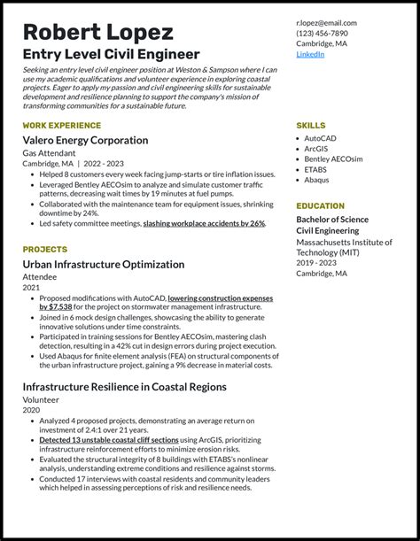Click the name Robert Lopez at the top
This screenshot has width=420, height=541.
pos(97,32)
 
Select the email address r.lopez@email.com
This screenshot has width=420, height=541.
pos(326,23)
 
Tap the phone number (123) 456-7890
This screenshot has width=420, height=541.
pos(323,34)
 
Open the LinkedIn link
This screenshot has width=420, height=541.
pos(310,54)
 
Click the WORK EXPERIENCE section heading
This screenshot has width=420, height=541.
pos(62,126)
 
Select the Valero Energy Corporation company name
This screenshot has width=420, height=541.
pos(85,141)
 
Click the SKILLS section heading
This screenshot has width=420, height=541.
pos(311,126)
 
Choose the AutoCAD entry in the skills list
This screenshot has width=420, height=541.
pos(321,138)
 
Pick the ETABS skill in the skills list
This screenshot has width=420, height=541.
pos(316,169)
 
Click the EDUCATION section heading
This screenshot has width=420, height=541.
pos(320,205)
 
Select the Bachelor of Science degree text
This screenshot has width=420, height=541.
pos(332,220)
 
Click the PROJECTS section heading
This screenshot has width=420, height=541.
pos(45,250)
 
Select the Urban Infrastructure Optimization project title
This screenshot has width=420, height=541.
pos(104,265)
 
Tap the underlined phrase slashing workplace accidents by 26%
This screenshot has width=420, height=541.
pos(204,224)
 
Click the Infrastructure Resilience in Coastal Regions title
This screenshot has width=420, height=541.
pos(124,387)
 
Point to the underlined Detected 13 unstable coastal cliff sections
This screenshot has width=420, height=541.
pos(109,440)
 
